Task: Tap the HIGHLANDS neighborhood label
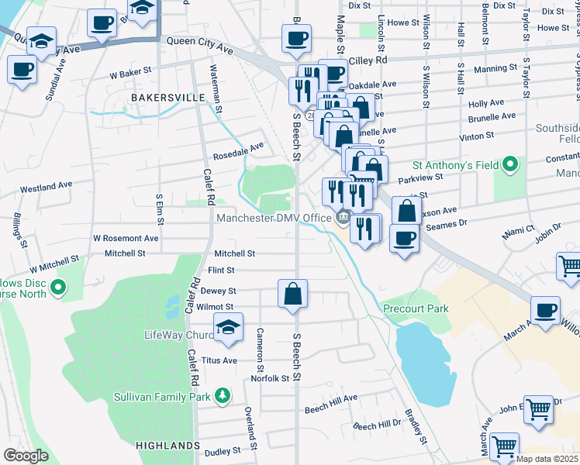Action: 167,446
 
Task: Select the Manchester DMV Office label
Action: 274,218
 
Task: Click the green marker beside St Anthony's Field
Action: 509,164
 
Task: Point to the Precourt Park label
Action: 416,308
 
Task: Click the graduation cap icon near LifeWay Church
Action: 229,329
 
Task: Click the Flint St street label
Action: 220,270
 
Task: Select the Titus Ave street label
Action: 219,360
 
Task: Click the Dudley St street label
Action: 223,451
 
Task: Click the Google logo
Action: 26,456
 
